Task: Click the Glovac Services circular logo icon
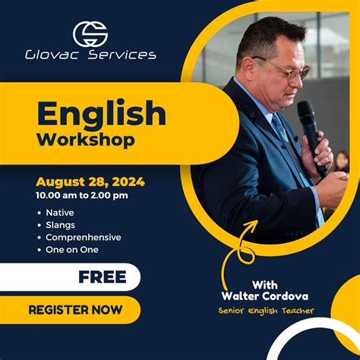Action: [90, 33]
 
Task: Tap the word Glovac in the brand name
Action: [50, 55]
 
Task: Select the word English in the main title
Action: [101, 114]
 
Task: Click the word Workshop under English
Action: [86, 140]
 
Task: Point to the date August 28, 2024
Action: [90, 182]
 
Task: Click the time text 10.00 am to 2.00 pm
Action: [81, 195]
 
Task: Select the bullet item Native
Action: [60, 213]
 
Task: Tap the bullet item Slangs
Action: [62, 225]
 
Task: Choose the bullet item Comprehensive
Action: [83, 237]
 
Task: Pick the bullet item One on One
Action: [72, 249]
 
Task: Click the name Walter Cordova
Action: [266, 295]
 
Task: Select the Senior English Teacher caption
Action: [266, 310]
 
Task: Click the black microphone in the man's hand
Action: [311, 137]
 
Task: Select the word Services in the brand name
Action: [123, 55]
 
